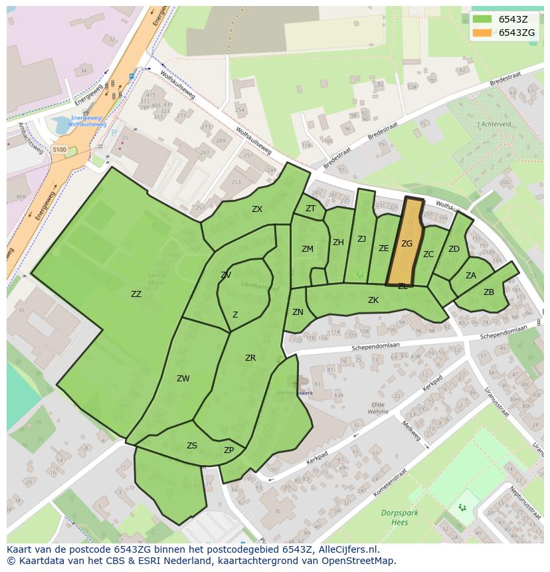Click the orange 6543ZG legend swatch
tap(483, 33)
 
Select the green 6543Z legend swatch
tap(483, 19)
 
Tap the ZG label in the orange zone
tap(407, 244)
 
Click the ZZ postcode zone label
tap(136, 294)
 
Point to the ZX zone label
tap(257, 209)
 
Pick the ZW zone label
tap(183, 379)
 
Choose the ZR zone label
tap(250, 358)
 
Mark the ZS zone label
tap(192, 446)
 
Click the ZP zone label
tap(229, 450)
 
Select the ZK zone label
tap(373, 300)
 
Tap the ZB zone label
tap(489, 292)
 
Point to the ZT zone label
tap(311, 209)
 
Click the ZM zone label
tap(308, 249)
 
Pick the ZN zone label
tap(298, 312)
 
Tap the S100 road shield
tap(59, 150)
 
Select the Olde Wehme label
tap(378, 408)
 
